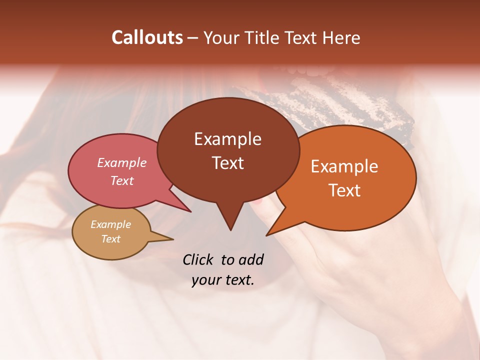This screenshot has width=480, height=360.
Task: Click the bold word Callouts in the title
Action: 147,37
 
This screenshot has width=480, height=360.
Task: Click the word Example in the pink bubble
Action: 121,163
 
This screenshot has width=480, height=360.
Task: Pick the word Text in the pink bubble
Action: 121,181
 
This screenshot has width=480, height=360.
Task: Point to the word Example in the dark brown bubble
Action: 227,139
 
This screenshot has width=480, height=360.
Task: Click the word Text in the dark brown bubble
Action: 227,163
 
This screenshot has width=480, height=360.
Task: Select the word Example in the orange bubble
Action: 344,166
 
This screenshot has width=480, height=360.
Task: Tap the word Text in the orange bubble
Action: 344,190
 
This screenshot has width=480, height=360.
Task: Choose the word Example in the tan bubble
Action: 110,224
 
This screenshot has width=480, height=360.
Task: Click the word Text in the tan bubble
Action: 110,239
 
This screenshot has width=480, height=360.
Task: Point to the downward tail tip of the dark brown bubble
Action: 230,228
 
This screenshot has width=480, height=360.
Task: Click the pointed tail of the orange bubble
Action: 268,234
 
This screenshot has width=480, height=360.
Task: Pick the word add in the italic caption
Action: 250,259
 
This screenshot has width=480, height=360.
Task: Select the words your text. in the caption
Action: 222,280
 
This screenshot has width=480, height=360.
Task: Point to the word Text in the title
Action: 300,38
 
